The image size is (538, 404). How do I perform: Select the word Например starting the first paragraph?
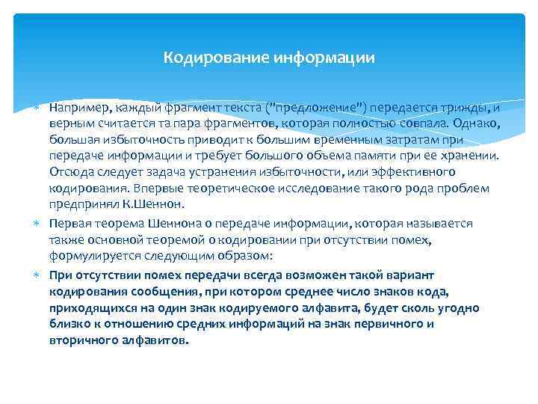[x=80, y=107]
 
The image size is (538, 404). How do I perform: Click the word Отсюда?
[x=70, y=172]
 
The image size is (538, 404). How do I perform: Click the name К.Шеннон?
[x=155, y=204]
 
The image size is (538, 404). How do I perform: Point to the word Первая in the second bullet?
[x=69, y=224]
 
